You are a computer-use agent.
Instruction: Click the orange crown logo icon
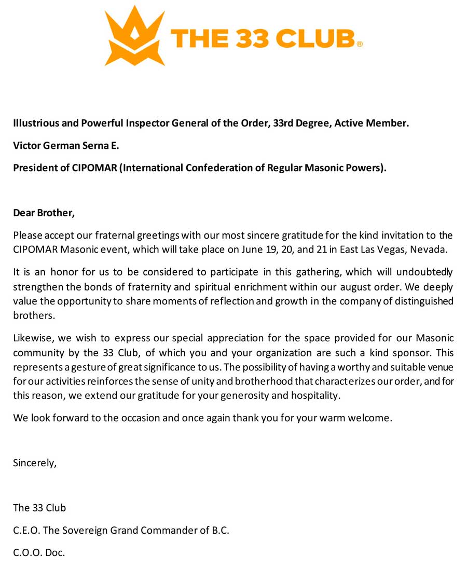click(x=135, y=36)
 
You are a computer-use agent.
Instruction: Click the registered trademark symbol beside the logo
click(x=360, y=45)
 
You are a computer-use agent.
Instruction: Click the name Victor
click(x=26, y=146)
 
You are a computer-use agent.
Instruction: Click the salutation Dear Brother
click(x=44, y=212)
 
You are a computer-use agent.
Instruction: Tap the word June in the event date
click(x=252, y=249)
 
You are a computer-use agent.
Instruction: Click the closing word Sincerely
click(x=34, y=463)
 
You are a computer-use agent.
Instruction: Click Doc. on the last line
click(x=54, y=553)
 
